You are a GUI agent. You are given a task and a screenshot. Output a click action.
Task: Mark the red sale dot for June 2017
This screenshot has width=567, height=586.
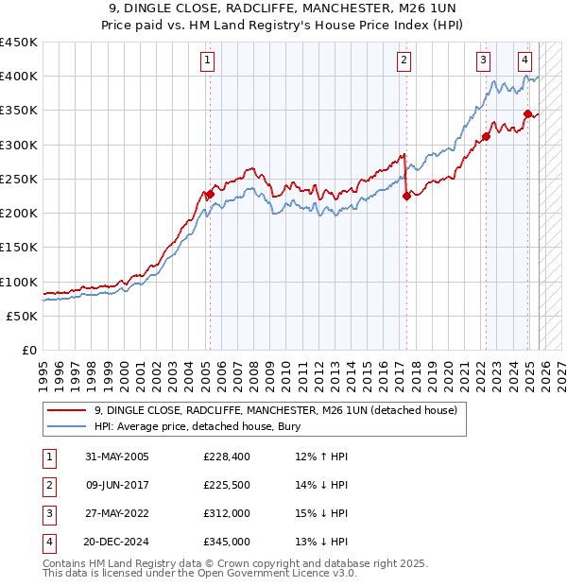tap(406, 197)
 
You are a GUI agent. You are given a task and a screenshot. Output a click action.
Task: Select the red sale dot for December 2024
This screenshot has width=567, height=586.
tap(527, 114)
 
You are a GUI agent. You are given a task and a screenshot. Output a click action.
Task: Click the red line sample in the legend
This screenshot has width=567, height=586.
tap(66, 410)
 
